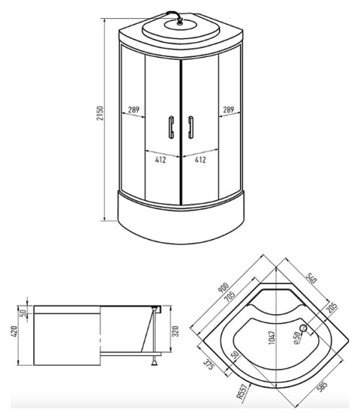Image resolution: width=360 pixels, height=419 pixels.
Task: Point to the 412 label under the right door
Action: (201, 160)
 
